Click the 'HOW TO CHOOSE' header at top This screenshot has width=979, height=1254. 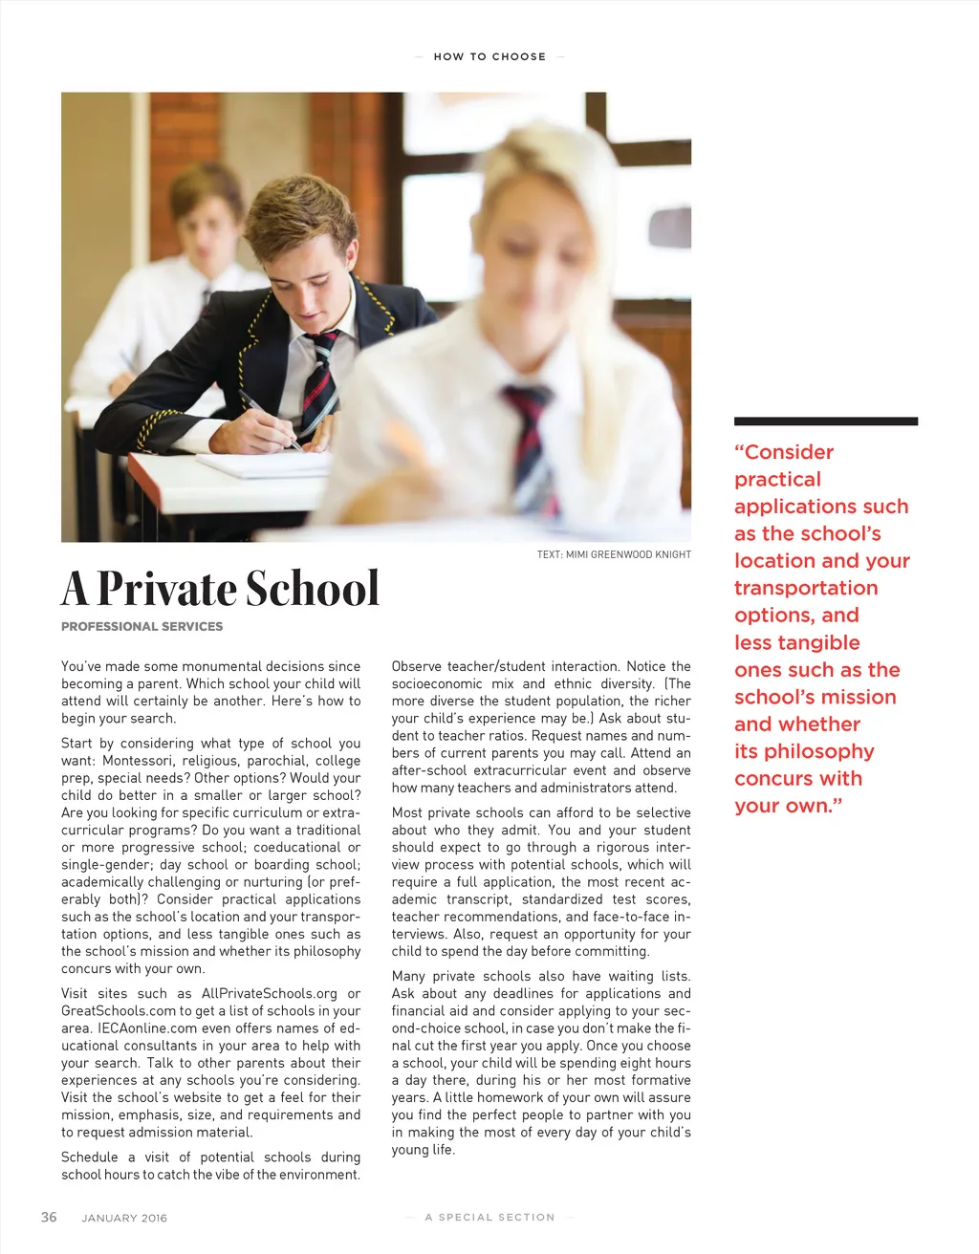click(x=489, y=57)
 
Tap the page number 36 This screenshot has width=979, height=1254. click(x=49, y=1217)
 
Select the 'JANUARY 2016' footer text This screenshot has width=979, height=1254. click(x=124, y=1218)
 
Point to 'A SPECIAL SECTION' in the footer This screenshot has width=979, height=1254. click(x=489, y=1218)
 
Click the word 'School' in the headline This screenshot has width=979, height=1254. click(x=313, y=589)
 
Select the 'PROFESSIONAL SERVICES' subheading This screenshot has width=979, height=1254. click(x=141, y=627)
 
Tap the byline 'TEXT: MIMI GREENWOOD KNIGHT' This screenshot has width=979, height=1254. click(x=614, y=554)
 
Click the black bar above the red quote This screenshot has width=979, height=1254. click(x=825, y=422)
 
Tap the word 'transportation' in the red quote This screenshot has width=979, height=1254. click(x=806, y=589)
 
